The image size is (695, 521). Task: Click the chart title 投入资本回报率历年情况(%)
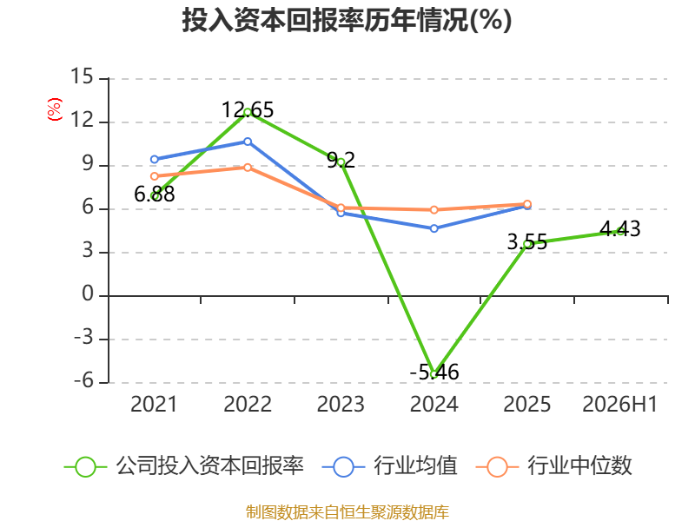tap(347, 20)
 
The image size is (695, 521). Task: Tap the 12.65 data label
tap(248, 110)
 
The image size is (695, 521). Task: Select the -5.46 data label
tap(434, 373)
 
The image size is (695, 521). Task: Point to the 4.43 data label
tap(620, 229)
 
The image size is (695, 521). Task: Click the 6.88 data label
tap(155, 194)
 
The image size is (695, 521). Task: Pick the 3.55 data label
tap(527, 242)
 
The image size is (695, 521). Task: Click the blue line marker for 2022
tap(248, 142)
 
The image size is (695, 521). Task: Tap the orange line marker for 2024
tap(434, 210)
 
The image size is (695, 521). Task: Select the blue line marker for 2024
tap(434, 228)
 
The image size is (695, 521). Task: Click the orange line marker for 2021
tap(155, 176)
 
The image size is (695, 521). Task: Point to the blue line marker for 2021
tap(155, 160)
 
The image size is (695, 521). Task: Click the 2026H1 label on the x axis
tap(619, 405)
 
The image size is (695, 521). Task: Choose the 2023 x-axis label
tap(341, 405)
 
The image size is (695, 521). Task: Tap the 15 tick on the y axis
tap(82, 76)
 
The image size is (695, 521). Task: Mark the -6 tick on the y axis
tap(83, 380)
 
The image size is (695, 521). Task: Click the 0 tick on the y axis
tap(88, 293)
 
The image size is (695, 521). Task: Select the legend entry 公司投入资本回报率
tap(184, 466)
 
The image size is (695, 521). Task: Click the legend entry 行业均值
tap(389, 466)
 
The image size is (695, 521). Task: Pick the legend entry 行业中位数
tap(553, 466)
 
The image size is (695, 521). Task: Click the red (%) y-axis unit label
tap(55, 109)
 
